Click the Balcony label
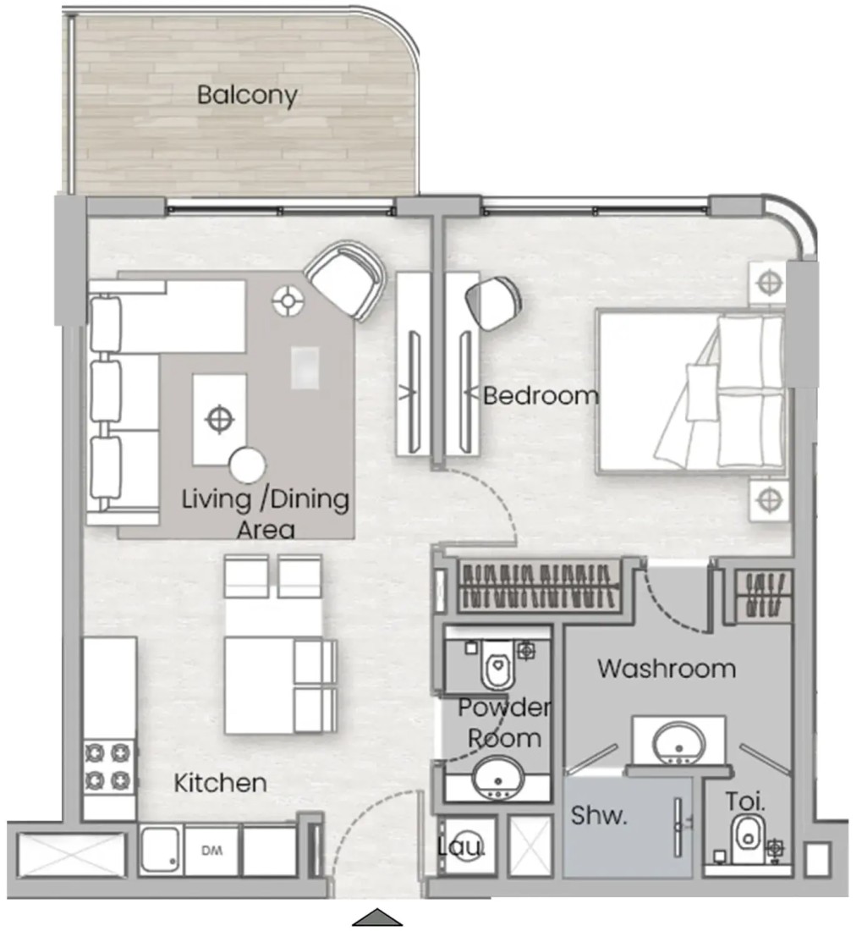[x=247, y=96]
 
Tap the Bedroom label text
[x=541, y=395]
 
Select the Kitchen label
[x=220, y=783]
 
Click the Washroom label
[x=667, y=669]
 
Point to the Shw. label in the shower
[x=599, y=816]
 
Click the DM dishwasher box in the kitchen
[x=211, y=851]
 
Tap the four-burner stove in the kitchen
[x=108, y=767]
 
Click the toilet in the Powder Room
[x=497, y=664]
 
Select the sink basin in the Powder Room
[x=498, y=780]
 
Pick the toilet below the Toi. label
[x=748, y=839]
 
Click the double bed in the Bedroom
[x=692, y=391]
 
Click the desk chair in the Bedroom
[x=493, y=302]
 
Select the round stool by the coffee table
[x=247, y=465]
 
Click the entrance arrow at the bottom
[x=377, y=917]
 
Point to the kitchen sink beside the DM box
[x=160, y=851]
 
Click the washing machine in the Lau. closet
[x=468, y=846]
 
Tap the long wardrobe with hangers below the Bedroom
[x=539, y=586]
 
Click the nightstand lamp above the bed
[x=769, y=283]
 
